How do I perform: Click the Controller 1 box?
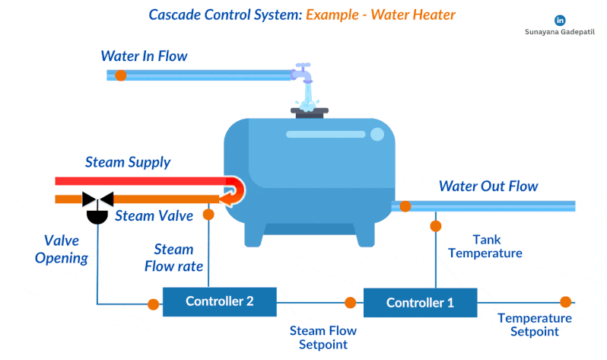(420, 302)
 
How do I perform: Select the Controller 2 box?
(219, 300)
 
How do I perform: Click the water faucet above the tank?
(304, 76)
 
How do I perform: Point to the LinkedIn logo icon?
(561, 20)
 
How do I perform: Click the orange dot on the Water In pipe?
(120, 75)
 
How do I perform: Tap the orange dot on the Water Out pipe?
(405, 205)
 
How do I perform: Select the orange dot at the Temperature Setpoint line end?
(565, 302)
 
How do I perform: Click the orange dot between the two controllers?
(350, 302)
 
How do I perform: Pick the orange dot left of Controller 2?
(153, 304)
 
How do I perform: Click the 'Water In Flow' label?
(144, 56)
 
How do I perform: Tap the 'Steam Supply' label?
(128, 162)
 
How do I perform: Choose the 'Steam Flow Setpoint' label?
(323, 337)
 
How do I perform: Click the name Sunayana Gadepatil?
(561, 33)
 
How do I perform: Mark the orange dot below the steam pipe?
(208, 214)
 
